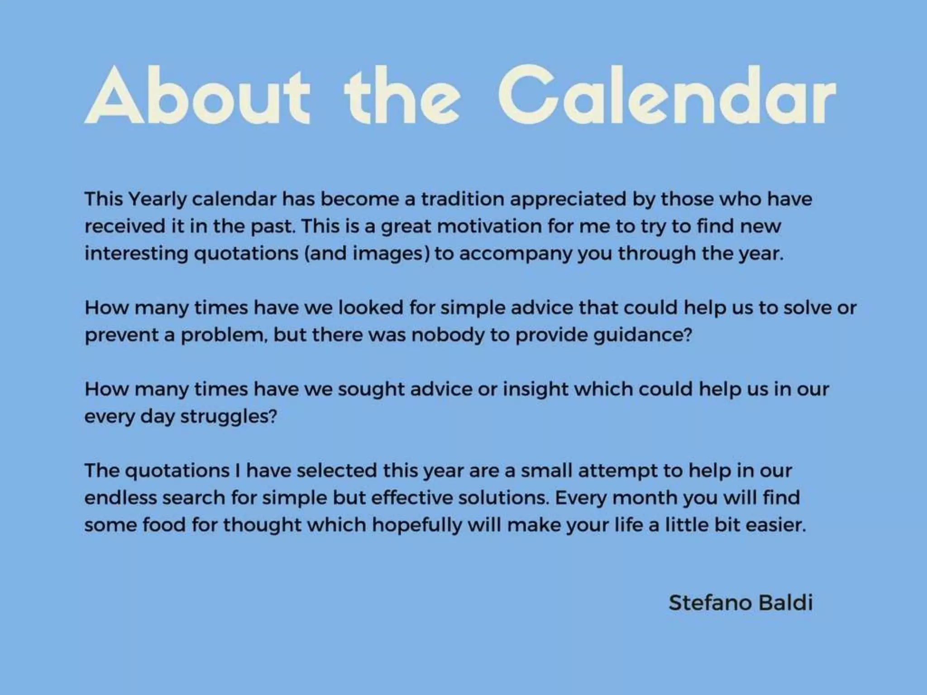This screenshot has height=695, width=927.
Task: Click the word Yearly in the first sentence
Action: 157,200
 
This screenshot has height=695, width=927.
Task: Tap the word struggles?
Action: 229,417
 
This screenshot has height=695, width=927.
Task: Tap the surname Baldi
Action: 785,603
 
